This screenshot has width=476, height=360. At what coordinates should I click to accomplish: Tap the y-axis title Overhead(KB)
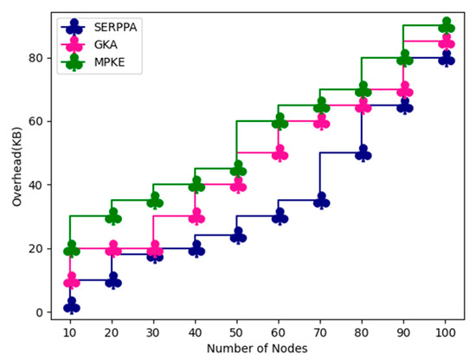[x=16, y=165]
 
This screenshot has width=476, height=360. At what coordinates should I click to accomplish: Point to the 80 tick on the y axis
[x=38, y=58]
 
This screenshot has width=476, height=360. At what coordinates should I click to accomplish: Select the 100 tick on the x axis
[x=447, y=331]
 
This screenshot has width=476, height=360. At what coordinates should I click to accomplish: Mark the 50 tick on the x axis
[x=238, y=331]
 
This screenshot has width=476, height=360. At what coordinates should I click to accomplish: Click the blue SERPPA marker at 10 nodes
[x=71, y=306]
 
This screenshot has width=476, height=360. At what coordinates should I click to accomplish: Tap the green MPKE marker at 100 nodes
[x=447, y=26]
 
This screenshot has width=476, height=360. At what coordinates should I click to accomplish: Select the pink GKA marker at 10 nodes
[x=71, y=281]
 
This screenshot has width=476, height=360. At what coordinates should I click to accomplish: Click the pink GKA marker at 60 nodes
[x=280, y=154]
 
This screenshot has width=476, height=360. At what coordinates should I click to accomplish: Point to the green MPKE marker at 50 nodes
[x=238, y=169]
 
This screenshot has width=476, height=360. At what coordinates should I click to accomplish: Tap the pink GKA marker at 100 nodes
[x=447, y=42]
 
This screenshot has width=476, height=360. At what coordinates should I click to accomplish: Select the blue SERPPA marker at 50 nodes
[x=238, y=236]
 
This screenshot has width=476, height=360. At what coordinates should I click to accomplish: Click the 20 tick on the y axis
[x=38, y=249]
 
